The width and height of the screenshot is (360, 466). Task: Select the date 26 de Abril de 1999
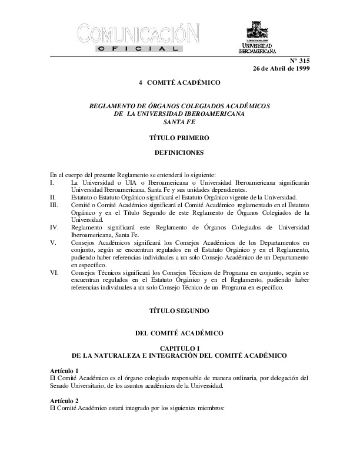pyautogui.click(x=281, y=68)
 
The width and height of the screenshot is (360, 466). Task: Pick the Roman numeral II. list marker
pyautogui.click(x=53, y=197)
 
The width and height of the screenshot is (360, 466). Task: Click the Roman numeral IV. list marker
pyautogui.click(x=54, y=226)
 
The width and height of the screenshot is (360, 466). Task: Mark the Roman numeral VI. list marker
pyautogui.click(x=54, y=274)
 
